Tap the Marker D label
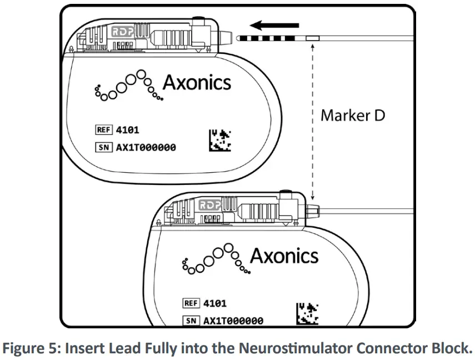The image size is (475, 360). coord(353,116)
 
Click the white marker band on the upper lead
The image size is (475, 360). coord(311,38)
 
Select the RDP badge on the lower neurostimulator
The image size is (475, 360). coord(209,204)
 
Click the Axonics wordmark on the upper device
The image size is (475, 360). coord(197,83)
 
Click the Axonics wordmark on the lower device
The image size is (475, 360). coord(284,256)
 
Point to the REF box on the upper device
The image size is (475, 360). coord(104,130)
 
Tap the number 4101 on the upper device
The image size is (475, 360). coord(127,130)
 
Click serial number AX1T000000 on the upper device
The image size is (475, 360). coord(146,148)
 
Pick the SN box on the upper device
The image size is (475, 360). coord(103,148)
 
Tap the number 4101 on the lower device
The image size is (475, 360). coord(214,303)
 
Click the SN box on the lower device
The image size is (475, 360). coord(191,321)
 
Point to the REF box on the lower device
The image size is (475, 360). coord(191,303)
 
